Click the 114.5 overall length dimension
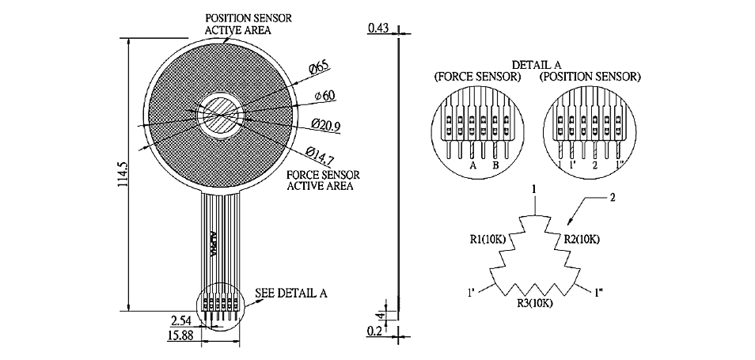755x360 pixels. (121, 174)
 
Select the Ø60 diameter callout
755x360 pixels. (324, 96)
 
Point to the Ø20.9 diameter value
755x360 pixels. (325, 125)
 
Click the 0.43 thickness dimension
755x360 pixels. (378, 28)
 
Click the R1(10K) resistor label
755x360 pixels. (488, 239)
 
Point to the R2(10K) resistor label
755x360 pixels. (582, 239)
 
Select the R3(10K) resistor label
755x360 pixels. (535, 303)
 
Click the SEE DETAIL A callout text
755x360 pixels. (290, 293)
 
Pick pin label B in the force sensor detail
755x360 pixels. (494, 166)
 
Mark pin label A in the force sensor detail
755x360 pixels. (472, 166)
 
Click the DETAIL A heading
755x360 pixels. (536, 65)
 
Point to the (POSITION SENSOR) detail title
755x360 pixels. (590, 77)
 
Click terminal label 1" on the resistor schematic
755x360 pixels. (598, 293)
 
